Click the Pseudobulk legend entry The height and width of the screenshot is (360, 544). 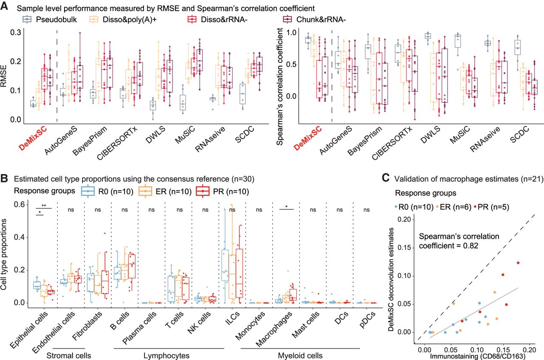point(50,19)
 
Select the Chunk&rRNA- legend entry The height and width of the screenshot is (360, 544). point(314,19)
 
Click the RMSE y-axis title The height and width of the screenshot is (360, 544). point(4,76)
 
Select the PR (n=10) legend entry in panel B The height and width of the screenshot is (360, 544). point(222,191)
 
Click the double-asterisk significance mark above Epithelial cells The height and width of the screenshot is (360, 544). point(44,206)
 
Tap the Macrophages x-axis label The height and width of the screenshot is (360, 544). point(274,329)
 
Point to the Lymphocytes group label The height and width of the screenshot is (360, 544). point(166,356)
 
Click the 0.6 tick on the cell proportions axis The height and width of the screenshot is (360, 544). point(20,204)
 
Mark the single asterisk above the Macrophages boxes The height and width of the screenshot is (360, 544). point(286,207)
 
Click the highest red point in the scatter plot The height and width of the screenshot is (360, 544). point(518,263)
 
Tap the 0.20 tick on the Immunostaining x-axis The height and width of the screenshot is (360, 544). point(529,350)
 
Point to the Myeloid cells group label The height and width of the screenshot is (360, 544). point(300,356)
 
